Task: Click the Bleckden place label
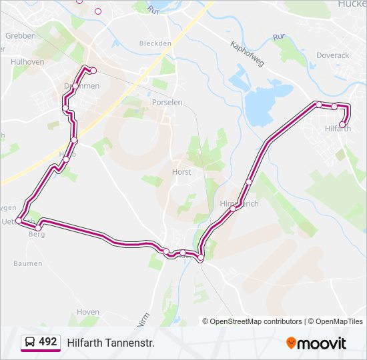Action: (x=155, y=43)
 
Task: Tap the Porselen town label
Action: (x=167, y=103)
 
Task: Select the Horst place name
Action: (x=181, y=172)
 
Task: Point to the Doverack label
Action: (x=332, y=56)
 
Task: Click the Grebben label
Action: (x=20, y=36)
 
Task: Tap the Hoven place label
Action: (x=88, y=312)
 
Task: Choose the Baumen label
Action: (x=27, y=263)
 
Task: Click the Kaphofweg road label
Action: (x=247, y=54)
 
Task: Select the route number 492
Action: (x=48, y=342)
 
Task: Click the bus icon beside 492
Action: (x=29, y=343)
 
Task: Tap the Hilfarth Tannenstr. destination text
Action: (x=111, y=343)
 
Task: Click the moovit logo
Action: (x=316, y=343)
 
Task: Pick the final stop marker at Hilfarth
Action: (x=342, y=124)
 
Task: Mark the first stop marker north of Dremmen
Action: (x=93, y=71)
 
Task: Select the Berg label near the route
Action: (x=36, y=235)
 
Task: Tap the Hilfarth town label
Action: (x=338, y=129)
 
